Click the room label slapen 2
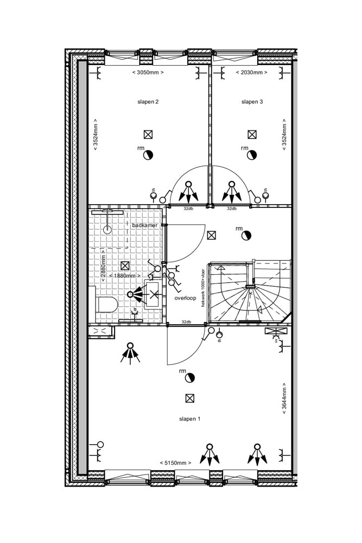(148, 102)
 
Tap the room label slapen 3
(252, 102)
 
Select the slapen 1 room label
(190, 419)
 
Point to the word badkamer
(144, 225)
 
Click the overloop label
(185, 298)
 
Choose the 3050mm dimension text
(148, 72)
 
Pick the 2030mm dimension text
(252, 72)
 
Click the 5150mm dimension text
(175, 463)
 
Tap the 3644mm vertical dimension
(284, 399)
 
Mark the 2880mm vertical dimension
(103, 264)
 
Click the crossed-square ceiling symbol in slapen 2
(148, 135)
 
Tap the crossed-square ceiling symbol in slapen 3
(252, 134)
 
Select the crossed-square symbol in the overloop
(212, 235)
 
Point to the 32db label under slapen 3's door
(232, 209)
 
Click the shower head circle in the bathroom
(106, 230)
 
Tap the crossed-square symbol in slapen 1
(189, 398)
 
